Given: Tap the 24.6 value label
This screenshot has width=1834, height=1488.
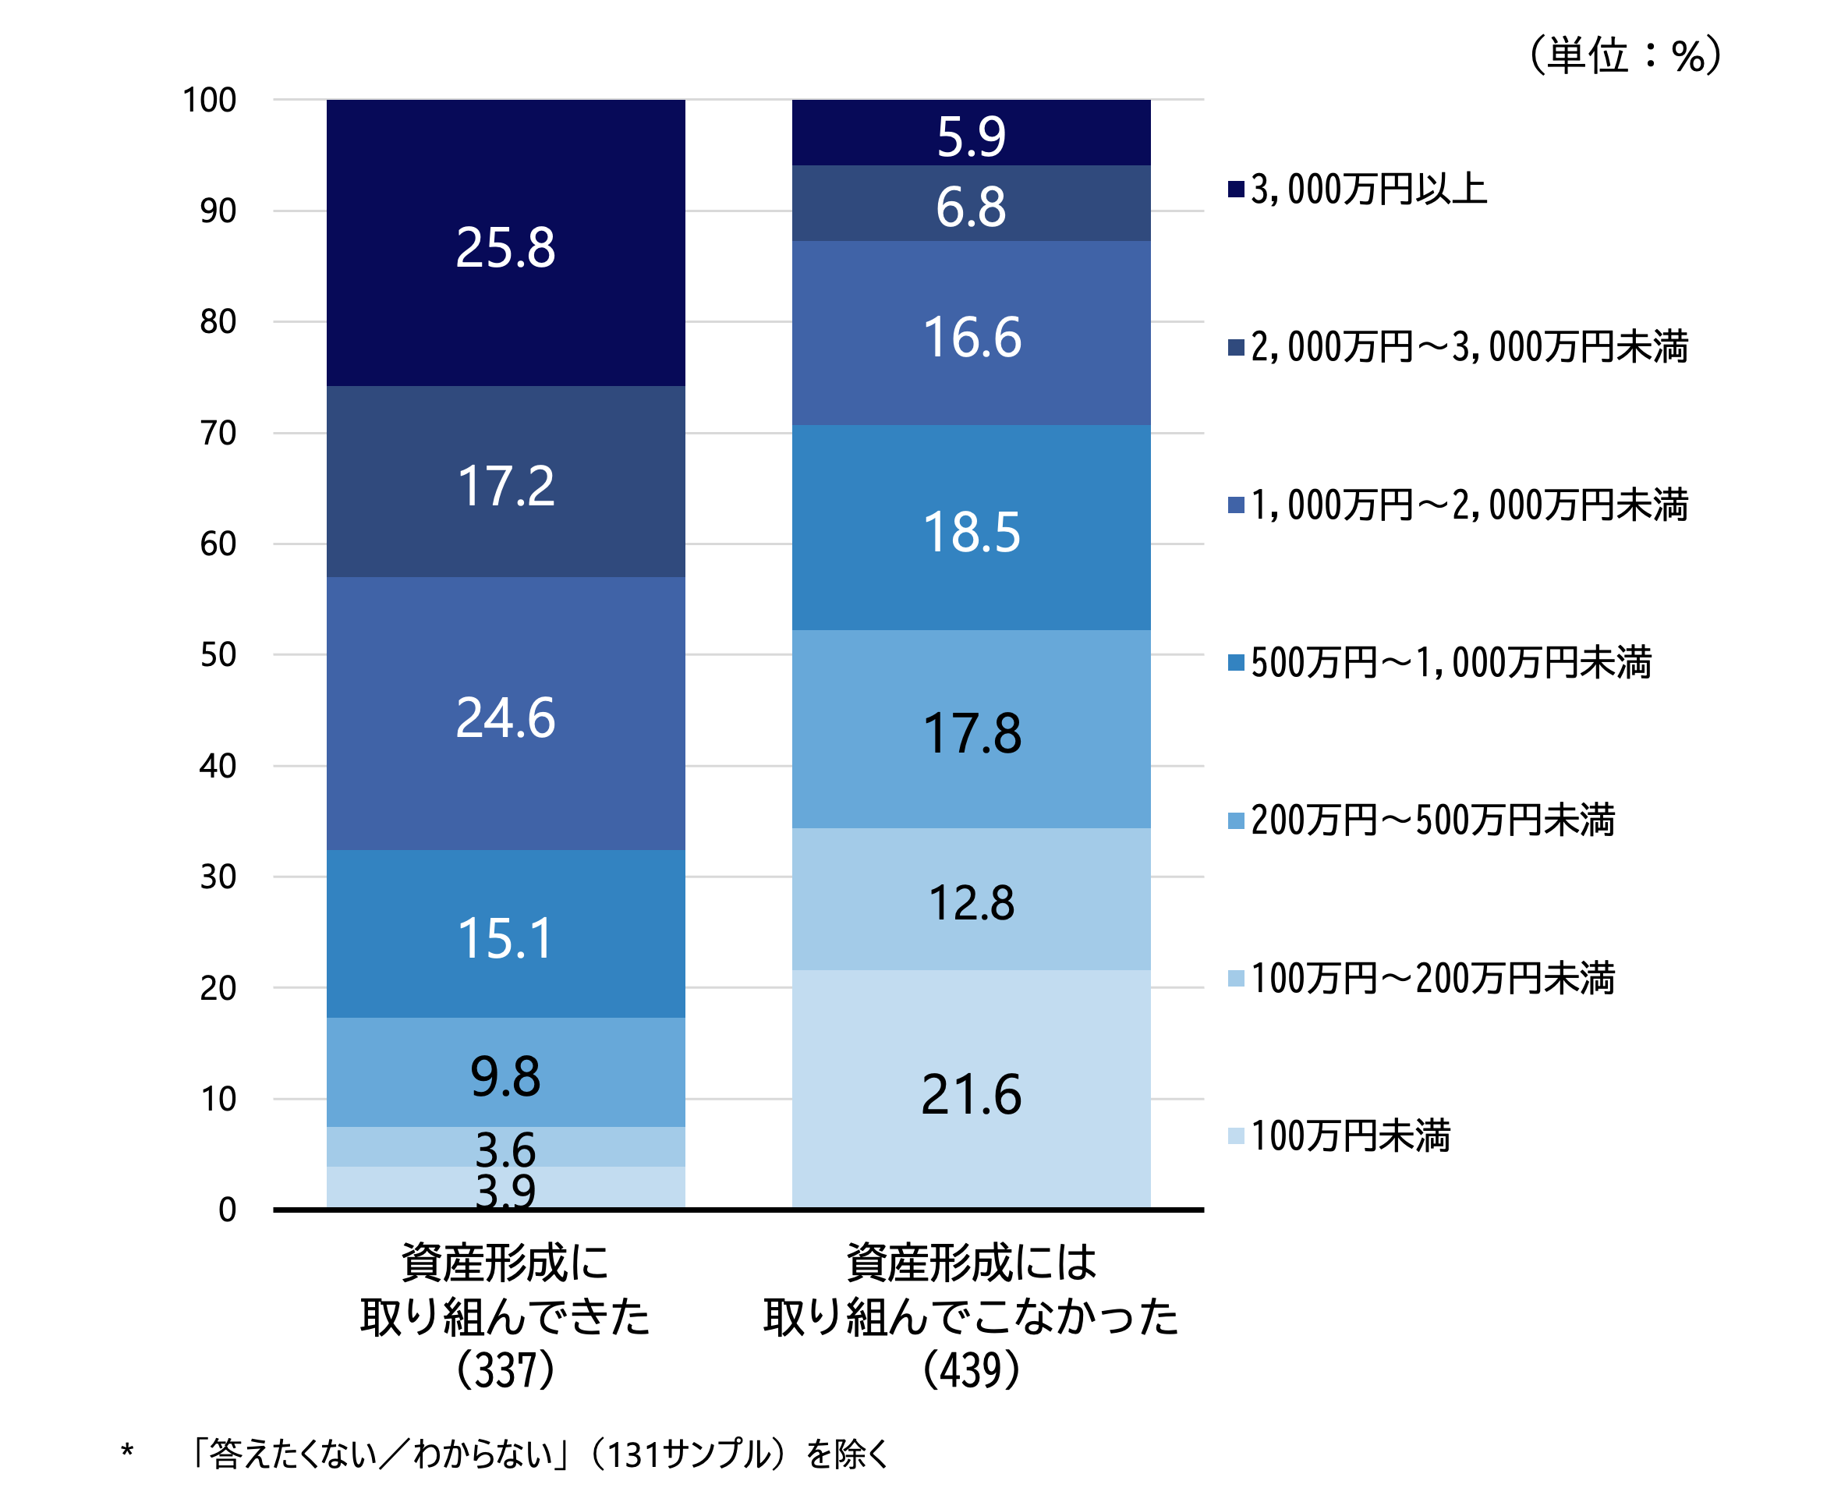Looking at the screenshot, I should point(505,717).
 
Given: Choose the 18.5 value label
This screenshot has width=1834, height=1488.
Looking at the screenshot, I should point(971,531).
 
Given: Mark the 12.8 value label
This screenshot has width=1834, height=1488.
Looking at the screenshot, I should point(971,902).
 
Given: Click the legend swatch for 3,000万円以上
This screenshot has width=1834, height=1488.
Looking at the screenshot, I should point(1235,189).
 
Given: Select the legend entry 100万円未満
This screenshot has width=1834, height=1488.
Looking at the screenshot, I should point(1350,1135).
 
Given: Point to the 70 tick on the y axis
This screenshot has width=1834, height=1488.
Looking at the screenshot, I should point(218,433).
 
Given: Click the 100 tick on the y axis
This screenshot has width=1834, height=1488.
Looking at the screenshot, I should point(209,101).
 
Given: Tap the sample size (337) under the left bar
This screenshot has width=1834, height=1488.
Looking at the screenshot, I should point(505,1369).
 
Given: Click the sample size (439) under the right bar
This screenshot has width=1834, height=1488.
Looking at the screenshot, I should point(971,1369).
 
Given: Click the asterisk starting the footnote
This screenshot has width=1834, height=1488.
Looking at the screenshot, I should point(127,1451).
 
